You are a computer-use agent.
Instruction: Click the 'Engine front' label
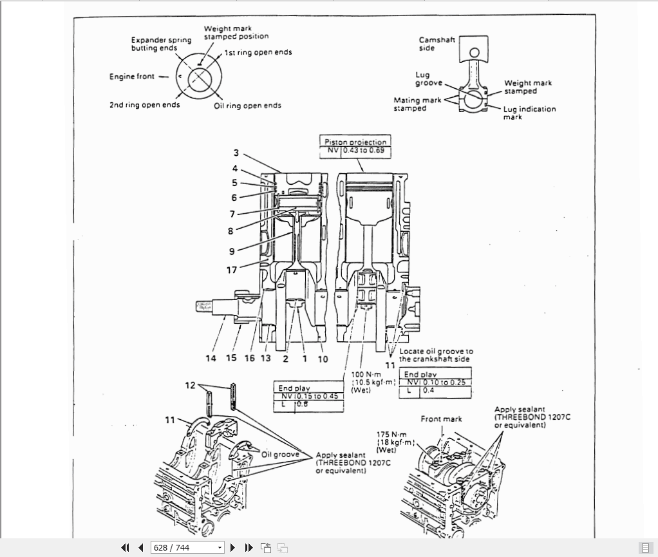tap(131, 77)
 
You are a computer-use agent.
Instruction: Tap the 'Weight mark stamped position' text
tap(236, 33)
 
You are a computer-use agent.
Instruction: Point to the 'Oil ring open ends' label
tap(247, 106)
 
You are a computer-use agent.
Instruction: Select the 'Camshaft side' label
tap(437, 44)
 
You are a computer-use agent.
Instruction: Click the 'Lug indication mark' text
tap(529, 113)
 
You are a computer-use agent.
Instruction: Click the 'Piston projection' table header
tap(355, 142)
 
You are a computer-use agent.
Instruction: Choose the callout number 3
tap(236, 153)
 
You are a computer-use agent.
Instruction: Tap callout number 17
tap(232, 270)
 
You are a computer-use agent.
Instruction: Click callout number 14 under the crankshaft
tap(211, 359)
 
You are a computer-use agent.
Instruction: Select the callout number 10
tap(323, 359)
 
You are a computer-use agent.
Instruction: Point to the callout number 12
tap(190, 385)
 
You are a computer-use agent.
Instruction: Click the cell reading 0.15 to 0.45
tap(318, 396)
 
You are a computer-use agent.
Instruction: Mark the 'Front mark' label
tap(441, 419)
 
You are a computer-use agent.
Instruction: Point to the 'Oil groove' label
tap(280, 455)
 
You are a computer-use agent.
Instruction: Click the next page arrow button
tap(233, 548)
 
